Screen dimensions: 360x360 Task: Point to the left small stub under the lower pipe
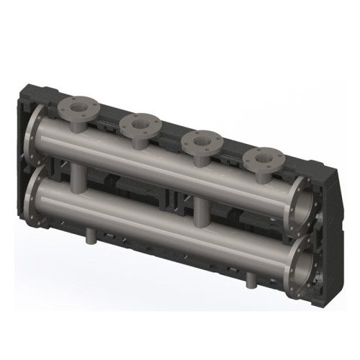pyautogui.click(x=91, y=235)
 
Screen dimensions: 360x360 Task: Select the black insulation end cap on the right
pyautogui.click(x=328, y=216)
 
